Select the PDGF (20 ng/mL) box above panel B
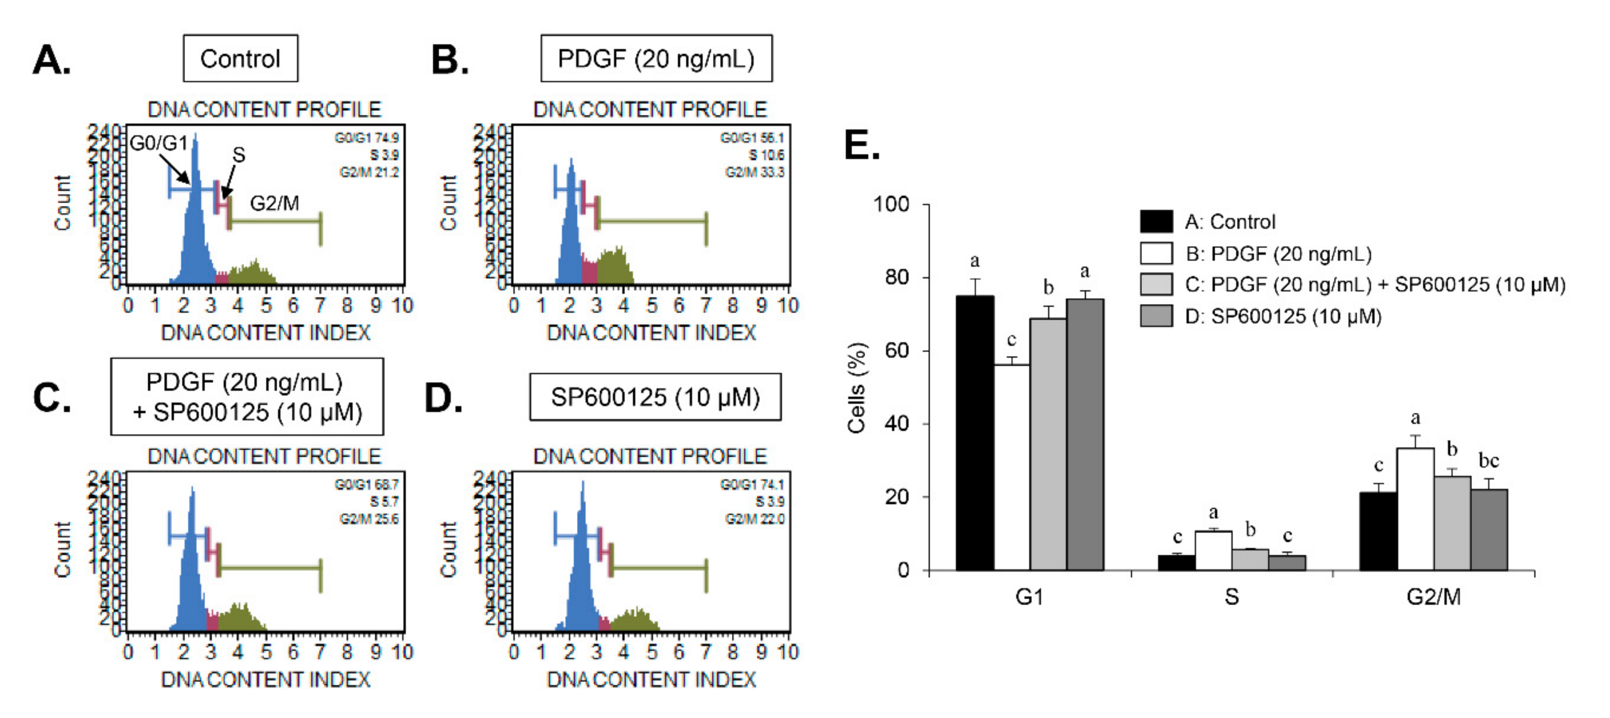pos(656,59)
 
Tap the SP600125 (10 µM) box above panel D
pos(655,398)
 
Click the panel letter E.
pos(862,146)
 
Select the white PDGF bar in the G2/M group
pos(1416,509)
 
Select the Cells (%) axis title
pos(856,388)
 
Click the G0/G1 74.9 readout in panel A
pos(367,137)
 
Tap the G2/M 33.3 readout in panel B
pos(754,172)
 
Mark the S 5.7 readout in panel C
pos(384,502)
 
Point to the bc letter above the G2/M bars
pos(1489,461)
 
